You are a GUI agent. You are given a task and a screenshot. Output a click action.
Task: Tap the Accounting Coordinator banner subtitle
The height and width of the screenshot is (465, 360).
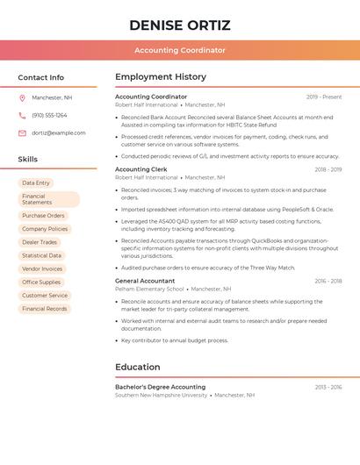tap(180, 51)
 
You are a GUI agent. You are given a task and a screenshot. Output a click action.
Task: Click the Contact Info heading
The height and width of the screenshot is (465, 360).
tap(40, 77)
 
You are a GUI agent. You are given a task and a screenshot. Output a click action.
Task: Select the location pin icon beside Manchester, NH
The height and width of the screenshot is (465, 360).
tap(22, 98)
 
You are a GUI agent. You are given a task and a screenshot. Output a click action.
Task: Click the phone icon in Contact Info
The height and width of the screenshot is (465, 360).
tap(22, 116)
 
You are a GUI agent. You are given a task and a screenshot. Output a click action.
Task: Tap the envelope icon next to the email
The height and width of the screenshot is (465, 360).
tap(22, 133)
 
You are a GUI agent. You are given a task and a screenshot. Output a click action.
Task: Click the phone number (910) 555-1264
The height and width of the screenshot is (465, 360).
tap(49, 116)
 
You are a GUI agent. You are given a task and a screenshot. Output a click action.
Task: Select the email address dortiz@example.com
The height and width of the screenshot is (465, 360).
tap(59, 133)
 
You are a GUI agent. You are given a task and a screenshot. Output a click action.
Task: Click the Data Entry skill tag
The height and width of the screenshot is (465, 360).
tap(36, 183)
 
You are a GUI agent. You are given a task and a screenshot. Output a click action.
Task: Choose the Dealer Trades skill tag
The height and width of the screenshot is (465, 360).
tap(40, 242)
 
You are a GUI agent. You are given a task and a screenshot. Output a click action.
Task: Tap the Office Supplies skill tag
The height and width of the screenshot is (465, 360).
tap(41, 283)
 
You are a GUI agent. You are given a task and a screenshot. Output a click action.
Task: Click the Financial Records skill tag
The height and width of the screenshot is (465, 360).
tap(45, 309)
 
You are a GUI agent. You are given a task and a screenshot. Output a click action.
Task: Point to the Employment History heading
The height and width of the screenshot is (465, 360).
tap(161, 77)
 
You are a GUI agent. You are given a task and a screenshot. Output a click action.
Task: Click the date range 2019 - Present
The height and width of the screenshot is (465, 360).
tap(324, 97)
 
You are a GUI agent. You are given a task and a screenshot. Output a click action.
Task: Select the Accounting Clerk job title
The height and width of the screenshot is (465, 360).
tap(141, 169)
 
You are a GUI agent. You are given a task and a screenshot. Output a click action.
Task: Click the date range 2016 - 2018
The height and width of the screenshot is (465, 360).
tap(328, 282)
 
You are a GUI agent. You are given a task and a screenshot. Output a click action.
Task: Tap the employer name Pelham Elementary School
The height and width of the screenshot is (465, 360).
tap(150, 289)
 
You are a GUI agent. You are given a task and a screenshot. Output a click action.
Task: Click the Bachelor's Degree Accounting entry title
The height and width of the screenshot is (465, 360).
tap(161, 387)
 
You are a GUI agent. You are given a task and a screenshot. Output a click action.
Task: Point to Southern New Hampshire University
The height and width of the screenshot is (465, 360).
tap(162, 395)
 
